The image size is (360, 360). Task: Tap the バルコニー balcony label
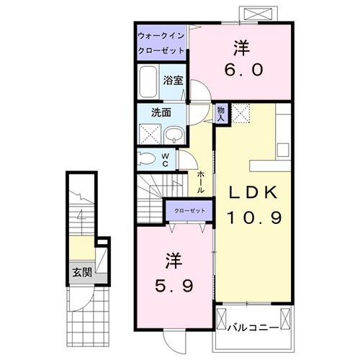(x=253, y=328)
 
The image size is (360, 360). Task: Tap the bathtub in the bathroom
(x=150, y=84)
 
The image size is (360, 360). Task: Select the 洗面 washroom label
(x=160, y=112)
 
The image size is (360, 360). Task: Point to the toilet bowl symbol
(x=147, y=159)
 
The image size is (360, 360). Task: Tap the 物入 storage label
(x=221, y=112)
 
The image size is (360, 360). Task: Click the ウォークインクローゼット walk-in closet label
(x=161, y=42)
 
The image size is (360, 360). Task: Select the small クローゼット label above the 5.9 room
(x=189, y=210)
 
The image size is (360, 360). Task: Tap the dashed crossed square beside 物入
(x=241, y=113)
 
